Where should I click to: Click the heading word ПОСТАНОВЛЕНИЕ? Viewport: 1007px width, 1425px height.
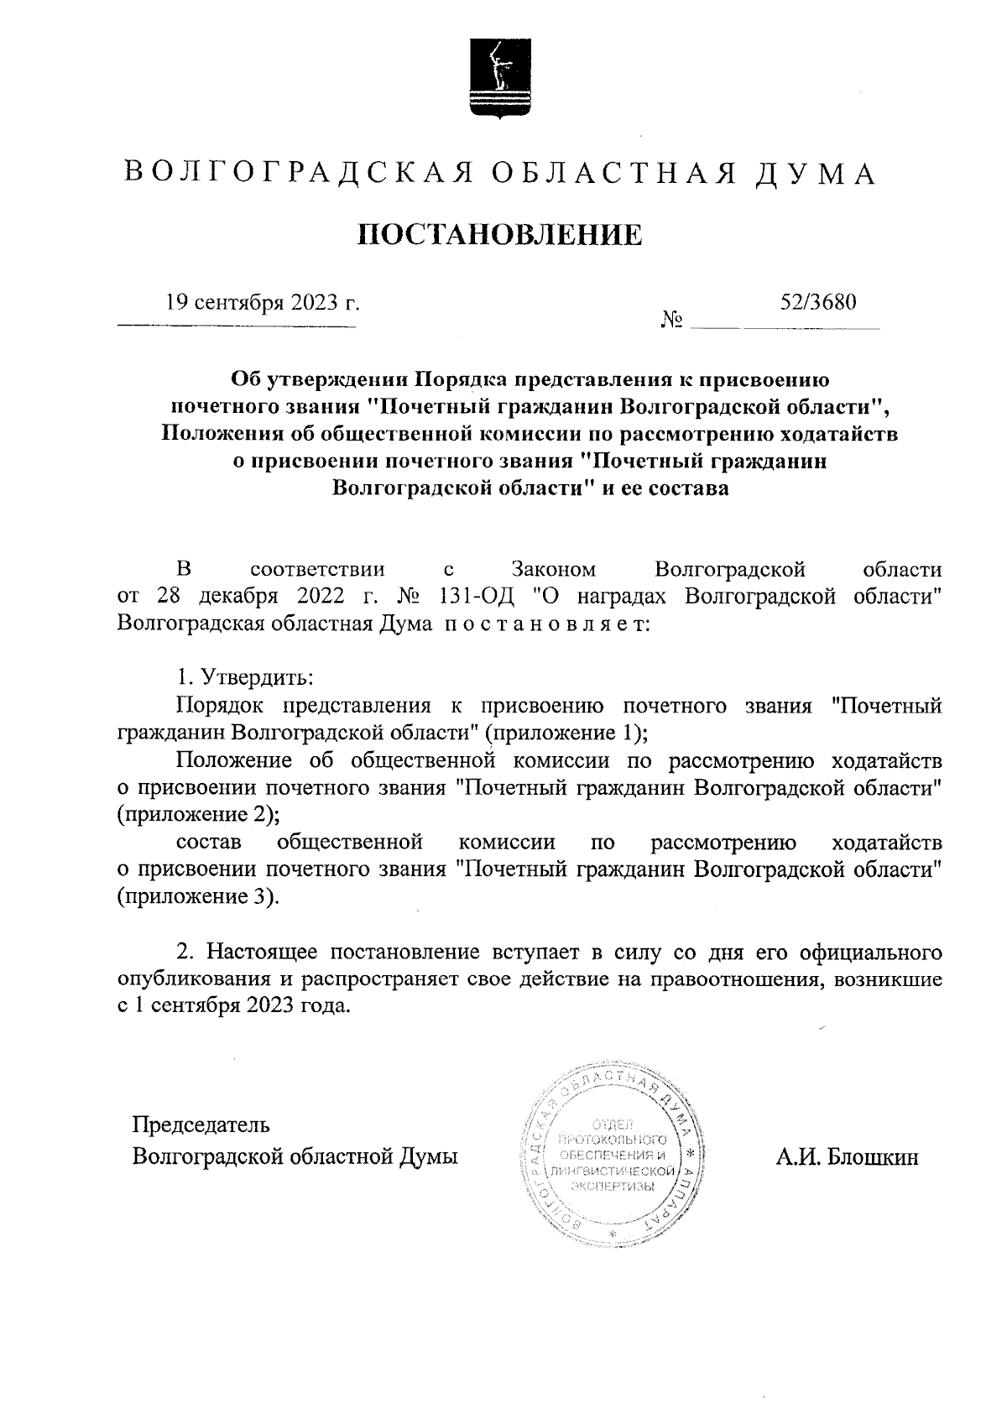tap(501, 235)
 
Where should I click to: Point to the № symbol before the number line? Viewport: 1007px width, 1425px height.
tap(671, 321)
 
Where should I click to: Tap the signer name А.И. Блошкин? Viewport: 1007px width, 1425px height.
tap(847, 1158)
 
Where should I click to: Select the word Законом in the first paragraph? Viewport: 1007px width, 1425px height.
tap(554, 570)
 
